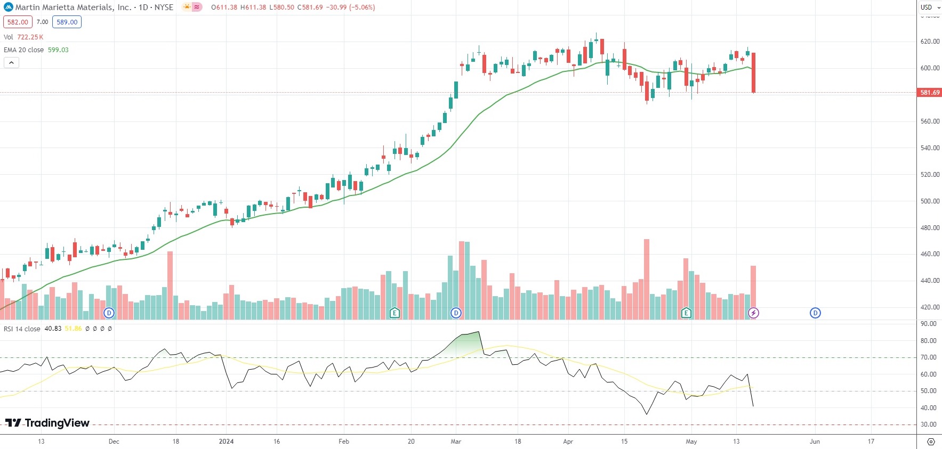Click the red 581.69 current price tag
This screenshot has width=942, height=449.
pos(929,92)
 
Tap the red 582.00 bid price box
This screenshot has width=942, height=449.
pos(18,22)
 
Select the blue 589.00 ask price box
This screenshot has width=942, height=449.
pos(67,22)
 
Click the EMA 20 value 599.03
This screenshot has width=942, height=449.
pos(58,50)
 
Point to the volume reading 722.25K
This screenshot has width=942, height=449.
pos(30,37)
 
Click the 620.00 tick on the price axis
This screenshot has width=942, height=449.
pos(930,42)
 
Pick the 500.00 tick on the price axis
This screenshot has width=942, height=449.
pos(930,201)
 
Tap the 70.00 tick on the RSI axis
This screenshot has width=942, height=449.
pos(929,357)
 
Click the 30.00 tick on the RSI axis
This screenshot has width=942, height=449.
pos(929,424)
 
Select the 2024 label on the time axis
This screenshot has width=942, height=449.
pos(226,441)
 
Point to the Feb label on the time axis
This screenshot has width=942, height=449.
pos(344,441)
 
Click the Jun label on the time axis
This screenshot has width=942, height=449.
pos(815,441)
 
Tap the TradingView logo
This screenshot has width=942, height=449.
pos(47,423)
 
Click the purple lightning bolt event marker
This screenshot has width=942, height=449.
pos(753,313)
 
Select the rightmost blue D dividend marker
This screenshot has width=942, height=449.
pos(815,313)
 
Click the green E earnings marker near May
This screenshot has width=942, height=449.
pos(686,313)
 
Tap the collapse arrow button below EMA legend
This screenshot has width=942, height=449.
pos(11,62)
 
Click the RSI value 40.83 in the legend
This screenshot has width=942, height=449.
pos(53,329)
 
